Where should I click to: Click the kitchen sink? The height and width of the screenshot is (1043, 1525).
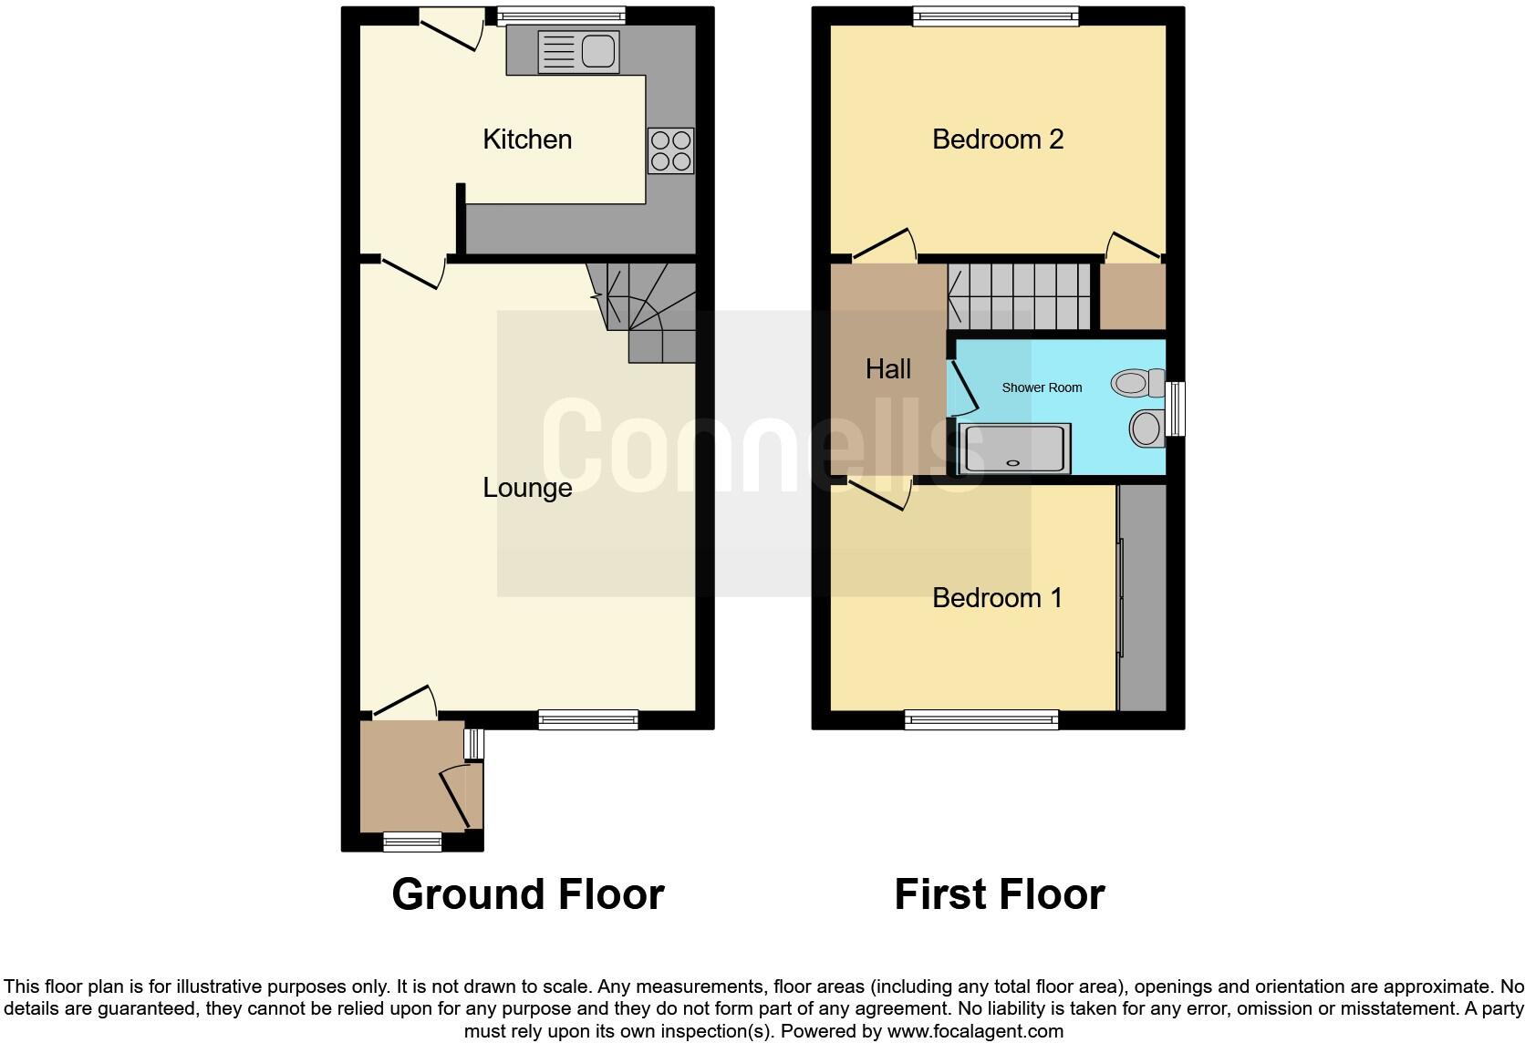click(x=578, y=51)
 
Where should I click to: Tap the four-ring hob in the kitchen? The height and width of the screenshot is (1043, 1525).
click(x=670, y=150)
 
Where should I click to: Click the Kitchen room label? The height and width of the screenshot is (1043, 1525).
click(x=527, y=139)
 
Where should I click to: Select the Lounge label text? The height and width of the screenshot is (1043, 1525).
click(x=527, y=488)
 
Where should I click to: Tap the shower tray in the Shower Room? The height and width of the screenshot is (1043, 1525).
click(x=1013, y=449)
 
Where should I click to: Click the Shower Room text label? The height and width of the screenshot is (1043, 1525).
click(x=1042, y=387)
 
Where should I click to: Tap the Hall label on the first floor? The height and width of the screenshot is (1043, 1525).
click(x=887, y=369)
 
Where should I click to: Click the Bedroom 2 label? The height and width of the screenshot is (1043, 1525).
click(x=998, y=139)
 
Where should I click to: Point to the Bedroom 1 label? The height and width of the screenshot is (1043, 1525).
click(x=997, y=598)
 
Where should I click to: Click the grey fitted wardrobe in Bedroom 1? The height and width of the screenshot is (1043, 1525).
click(x=1143, y=597)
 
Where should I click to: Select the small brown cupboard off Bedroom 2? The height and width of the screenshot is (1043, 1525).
click(x=1133, y=296)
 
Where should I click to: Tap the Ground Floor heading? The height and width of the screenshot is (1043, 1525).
click(x=527, y=894)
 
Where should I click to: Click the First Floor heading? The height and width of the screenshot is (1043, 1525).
click(x=999, y=894)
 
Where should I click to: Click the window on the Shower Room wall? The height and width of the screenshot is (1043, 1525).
click(x=1177, y=408)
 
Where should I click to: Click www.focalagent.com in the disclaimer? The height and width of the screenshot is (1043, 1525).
click(x=974, y=1031)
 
